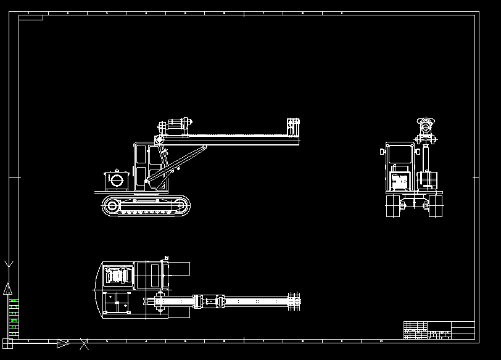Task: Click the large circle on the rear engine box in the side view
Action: click(x=115, y=180)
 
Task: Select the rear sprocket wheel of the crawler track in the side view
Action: click(x=112, y=207)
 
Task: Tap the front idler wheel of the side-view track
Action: click(x=181, y=207)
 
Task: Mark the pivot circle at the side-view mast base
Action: click(x=159, y=140)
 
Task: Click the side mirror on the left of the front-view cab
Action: click(x=383, y=151)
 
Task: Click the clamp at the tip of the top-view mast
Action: click(x=294, y=301)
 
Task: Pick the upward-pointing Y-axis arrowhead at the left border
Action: click(x=7, y=288)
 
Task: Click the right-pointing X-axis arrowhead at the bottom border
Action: click(x=62, y=343)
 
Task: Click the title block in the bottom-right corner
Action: click(x=439, y=330)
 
